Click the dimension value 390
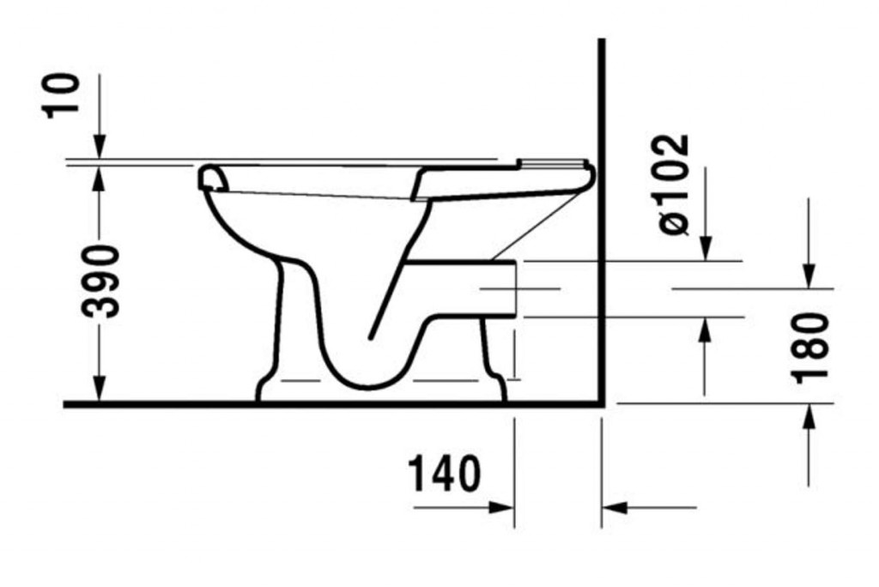(100, 281)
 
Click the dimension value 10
(65, 94)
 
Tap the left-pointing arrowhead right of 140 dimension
(615, 507)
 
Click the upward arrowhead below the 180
(809, 418)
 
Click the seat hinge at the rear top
(554, 164)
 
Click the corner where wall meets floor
(602, 402)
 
